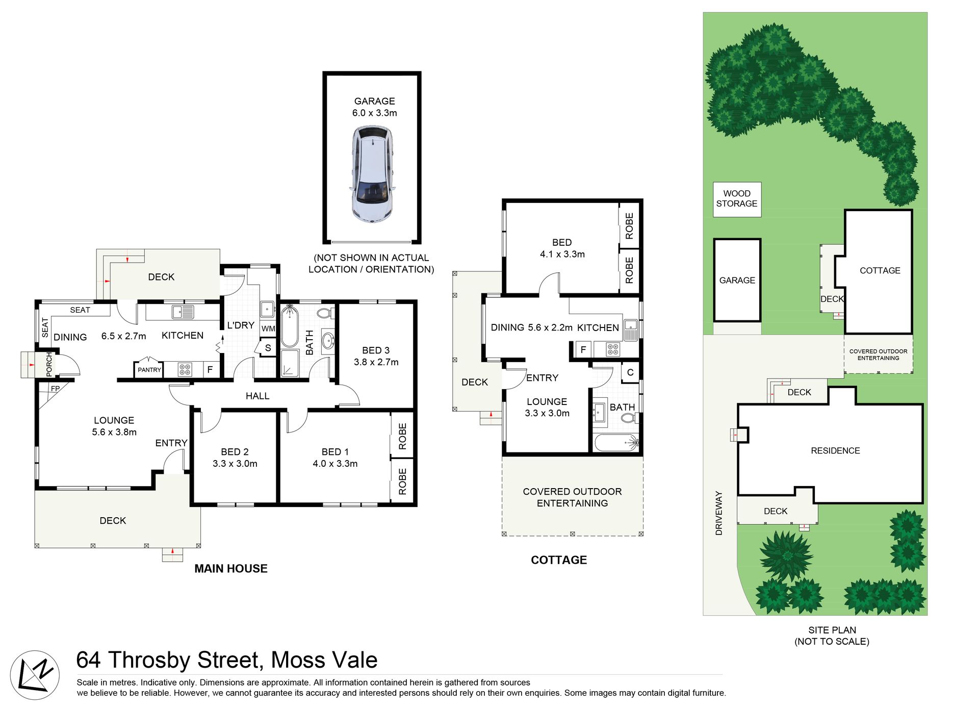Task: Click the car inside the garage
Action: click(x=372, y=174)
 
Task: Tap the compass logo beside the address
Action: click(x=35, y=675)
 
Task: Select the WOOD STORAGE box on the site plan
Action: click(x=737, y=199)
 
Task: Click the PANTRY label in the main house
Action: click(x=149, y=370)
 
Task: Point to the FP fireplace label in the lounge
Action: click(x=55, y=389)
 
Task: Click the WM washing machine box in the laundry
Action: click(x=268, y=328)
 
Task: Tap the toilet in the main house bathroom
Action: click(x=324, y=312)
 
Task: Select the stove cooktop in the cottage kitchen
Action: click(x=613, y=349)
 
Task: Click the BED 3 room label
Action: click(x=376, y=350)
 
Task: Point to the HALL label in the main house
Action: click(x=257, y=396)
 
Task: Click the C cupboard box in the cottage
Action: click(x=630, y=372)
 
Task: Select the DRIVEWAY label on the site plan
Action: click(x=719, y=513)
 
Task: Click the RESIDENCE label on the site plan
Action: click(x=835, y=450)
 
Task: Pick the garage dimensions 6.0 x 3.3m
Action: click(x=375, y=113)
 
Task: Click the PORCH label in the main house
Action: click(x=49, y=364)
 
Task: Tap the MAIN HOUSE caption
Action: click(x=231, y=569)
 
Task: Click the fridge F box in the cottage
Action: click(x=583, y=349)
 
